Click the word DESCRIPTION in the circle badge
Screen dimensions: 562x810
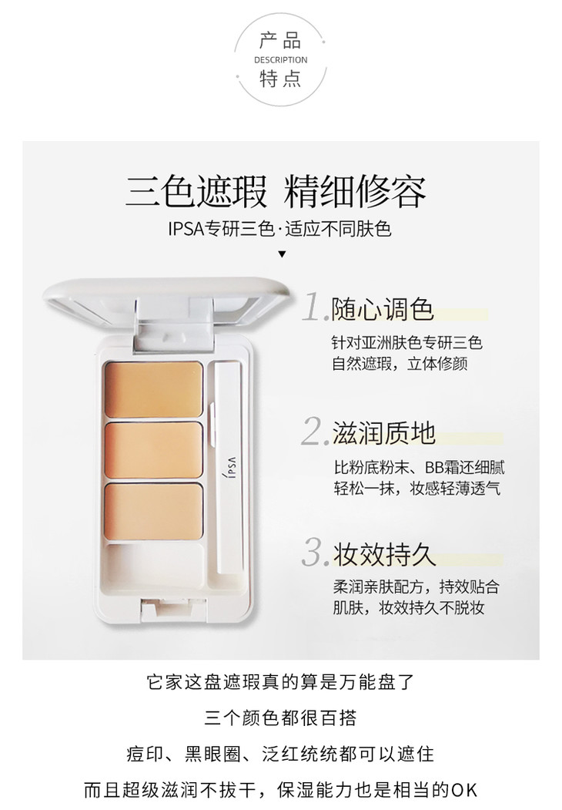(x=280, y=60)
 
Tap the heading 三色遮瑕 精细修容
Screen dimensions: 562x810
(x=276, y=192)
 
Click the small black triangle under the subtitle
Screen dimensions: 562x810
(x=282, y=254)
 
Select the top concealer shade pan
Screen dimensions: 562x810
(x=153, y=389)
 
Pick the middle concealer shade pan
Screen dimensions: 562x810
(x=153, y=450)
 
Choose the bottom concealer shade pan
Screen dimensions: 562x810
(x=153, y=511)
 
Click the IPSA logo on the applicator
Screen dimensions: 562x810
(x=231, y=467)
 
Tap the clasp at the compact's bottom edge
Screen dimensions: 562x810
(x=174, y=609)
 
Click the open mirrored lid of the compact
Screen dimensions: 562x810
(x=166, y=304)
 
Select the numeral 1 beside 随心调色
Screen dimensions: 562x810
(x=314, y=308)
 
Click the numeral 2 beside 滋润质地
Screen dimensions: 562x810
(x=314, y=431)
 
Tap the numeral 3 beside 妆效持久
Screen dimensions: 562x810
(x=314, y=552)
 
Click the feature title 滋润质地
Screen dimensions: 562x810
(x=384, y=433)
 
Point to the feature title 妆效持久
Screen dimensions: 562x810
(x=384, y=554)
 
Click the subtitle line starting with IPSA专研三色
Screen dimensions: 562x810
(x=279, y=228)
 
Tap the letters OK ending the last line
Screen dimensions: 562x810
(x=464, y=790)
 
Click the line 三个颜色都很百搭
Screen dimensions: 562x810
(x=280, y=718)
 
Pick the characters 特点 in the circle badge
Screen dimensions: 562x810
(x=280, y=79)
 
